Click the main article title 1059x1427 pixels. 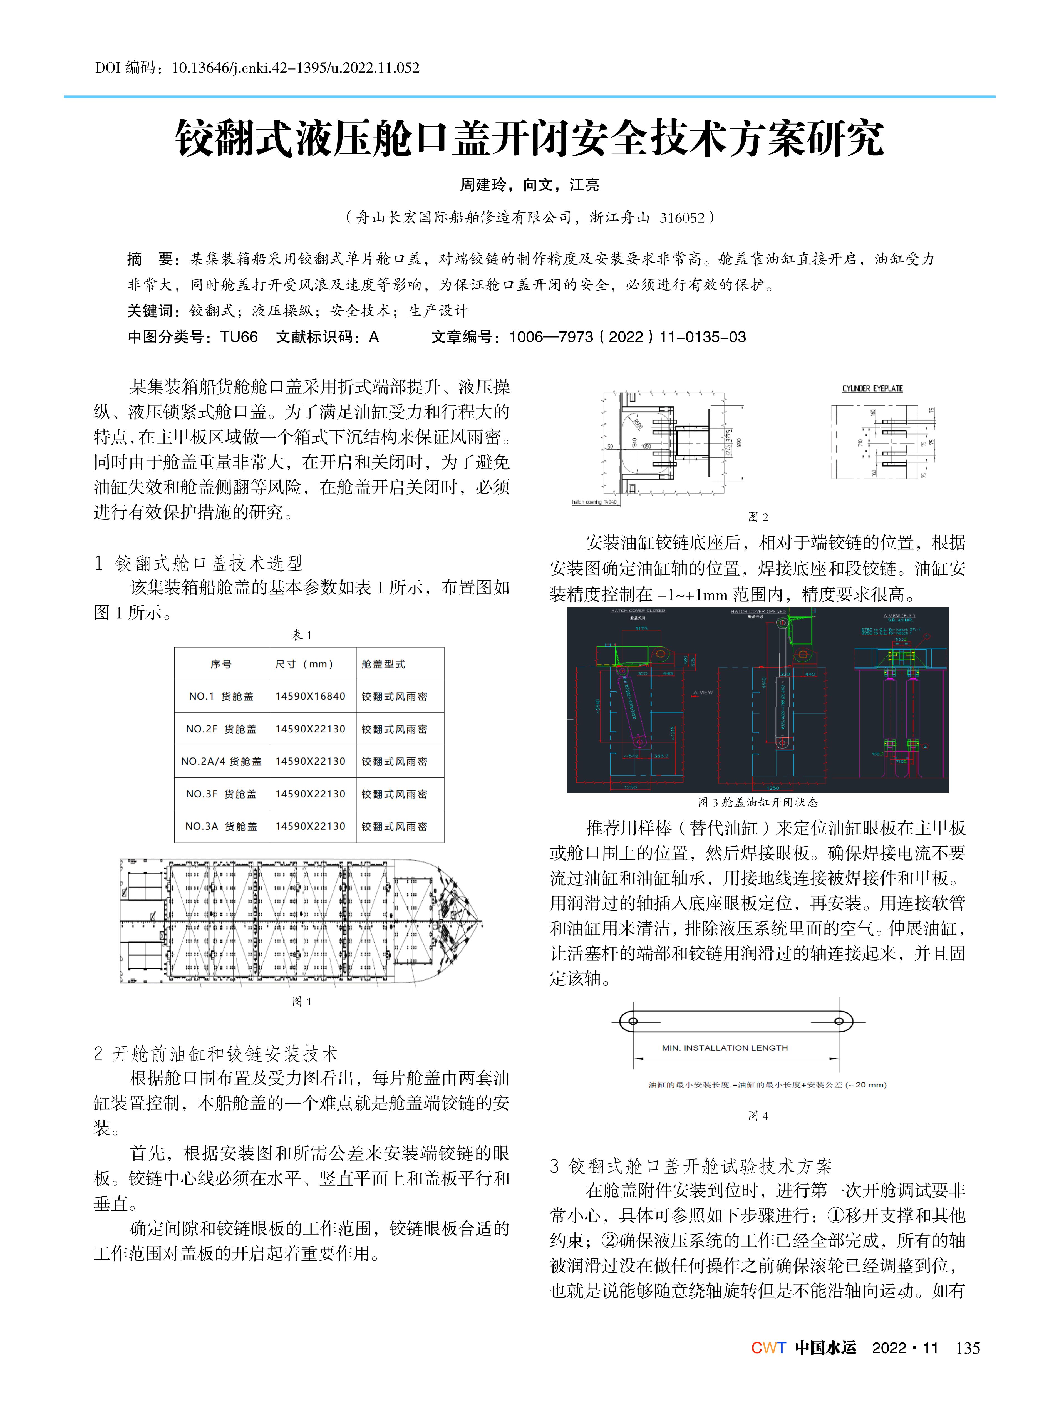click(x=529, y=138)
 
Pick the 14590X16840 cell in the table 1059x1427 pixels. click(x=310, y=696)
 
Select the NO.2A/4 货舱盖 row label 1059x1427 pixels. click(x=221, y=762)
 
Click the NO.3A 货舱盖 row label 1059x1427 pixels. click(x=221, y=826)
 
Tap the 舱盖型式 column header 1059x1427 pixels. click(x=383, y=664)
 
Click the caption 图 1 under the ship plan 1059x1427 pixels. click(x=302, y=1001)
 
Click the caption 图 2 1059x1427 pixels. click(x=758, y=517)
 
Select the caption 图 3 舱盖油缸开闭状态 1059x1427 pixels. click(x=758, y=802)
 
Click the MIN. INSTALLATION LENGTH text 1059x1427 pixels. click(x=724, y=1047)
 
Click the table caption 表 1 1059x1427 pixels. click(x=302, y=635)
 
